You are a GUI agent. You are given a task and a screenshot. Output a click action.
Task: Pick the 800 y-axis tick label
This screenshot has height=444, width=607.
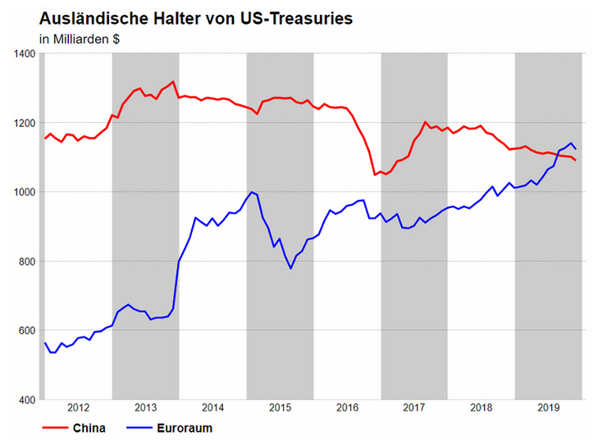click(25, 261)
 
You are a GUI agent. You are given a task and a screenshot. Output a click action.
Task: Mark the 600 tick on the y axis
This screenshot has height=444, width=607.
click(25, 331)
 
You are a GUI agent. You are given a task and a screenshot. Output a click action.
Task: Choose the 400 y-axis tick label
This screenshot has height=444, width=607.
click(25, 400)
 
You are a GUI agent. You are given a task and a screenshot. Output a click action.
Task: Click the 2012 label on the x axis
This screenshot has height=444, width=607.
click(78, 407)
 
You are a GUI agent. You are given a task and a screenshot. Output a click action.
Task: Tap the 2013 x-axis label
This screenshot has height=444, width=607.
click(145, 407)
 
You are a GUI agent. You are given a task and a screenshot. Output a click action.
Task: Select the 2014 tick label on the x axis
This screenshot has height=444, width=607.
click(212, 407)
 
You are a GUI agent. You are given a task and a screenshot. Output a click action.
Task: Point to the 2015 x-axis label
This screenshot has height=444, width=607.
click(280, 407)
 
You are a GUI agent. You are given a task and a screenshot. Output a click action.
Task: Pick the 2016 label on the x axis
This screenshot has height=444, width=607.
click(347, 407)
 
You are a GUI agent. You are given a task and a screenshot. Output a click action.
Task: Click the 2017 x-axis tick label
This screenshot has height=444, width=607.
click(414, 407)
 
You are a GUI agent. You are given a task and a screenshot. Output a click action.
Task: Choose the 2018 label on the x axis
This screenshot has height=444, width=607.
click(481, 407)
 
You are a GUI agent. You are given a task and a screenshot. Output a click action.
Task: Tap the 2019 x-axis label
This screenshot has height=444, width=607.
click(548, 407)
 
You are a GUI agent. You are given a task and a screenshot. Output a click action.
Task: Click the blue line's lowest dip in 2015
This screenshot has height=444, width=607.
click(290, 268)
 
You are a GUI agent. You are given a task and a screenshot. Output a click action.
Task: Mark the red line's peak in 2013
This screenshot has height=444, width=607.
click(173, 81)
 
